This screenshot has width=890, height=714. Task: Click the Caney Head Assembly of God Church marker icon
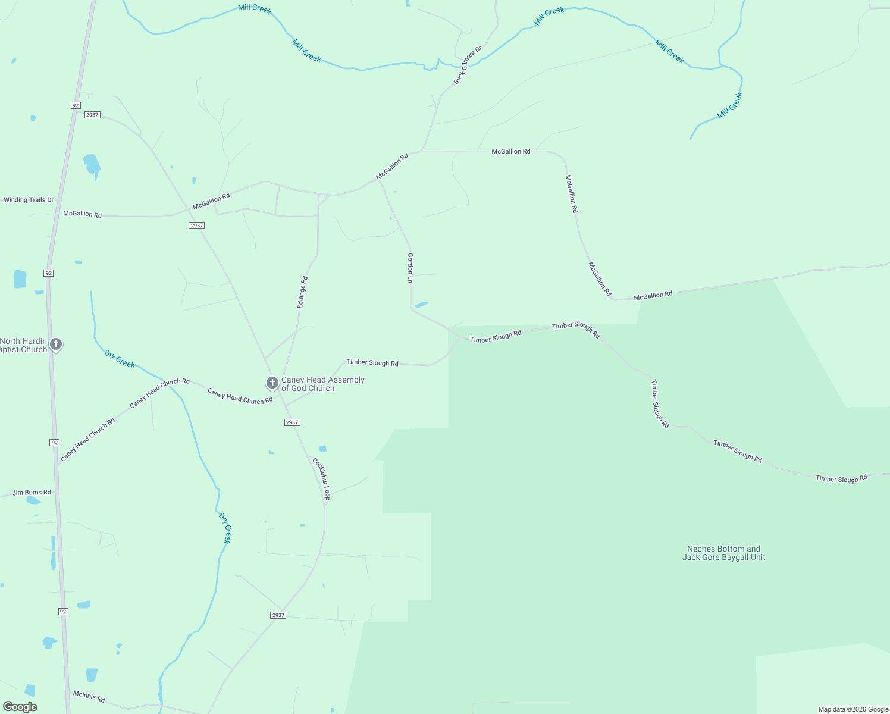[x=272, y=383]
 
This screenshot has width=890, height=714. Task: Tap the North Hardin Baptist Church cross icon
[x=56, y=344]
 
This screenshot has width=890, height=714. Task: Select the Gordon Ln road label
[x=410, y=267]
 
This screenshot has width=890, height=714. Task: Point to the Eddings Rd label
[x=302, y=292]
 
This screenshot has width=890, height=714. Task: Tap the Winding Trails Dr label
[x=29, y=200]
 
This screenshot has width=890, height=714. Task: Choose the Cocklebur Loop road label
[x=321, y=478]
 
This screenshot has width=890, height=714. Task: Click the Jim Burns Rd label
[x=32, y=493]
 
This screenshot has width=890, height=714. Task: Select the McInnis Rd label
[x=89, y=696]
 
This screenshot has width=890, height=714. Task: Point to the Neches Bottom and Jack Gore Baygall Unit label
[x=723, y=553]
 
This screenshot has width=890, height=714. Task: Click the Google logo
[x=20, y=707]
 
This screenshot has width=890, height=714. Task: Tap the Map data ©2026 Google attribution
[x=853, y=709]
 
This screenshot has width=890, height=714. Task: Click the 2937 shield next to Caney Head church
[x=292, y=422]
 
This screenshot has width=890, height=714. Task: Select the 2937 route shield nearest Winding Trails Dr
[x=197, y=226]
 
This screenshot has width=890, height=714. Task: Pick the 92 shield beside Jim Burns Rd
[x=55, y=443]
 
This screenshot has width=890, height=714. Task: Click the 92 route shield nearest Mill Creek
[x=75, y=105]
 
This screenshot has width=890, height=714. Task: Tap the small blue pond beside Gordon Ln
[x=421, y=305]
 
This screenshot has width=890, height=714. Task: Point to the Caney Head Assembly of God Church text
[x=322, y=384]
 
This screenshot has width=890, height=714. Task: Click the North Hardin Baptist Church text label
[x=24, y=345]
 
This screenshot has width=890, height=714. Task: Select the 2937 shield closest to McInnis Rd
[x=278, y=615]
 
